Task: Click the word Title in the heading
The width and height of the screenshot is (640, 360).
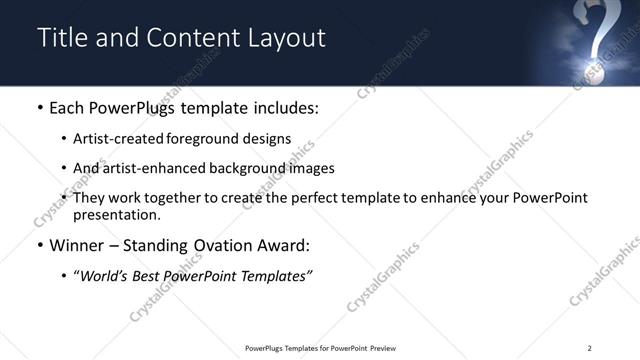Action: click(x=61, y=38)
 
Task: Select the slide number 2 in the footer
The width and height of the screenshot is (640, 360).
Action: click(x=589, y=348)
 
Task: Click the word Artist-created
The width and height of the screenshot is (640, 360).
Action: click(x=114, y=139)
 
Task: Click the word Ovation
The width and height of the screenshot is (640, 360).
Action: click(x=215, y=245)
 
